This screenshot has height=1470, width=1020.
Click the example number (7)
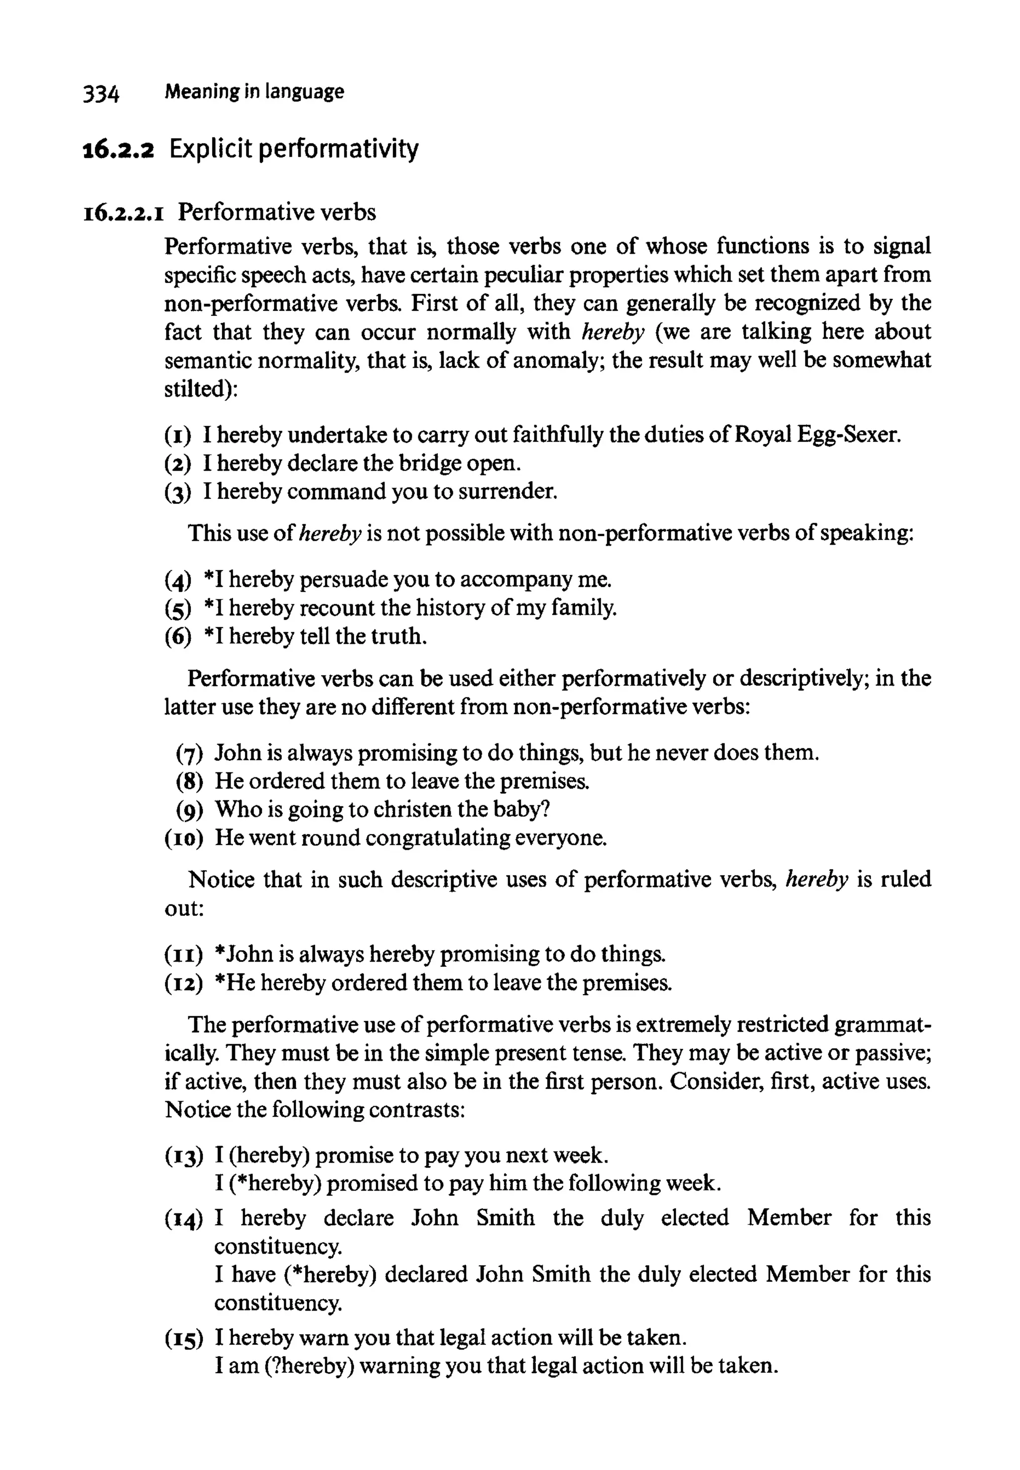point(189,753)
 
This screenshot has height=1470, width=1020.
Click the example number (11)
point(183,955)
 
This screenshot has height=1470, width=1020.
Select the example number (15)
point(183,1337)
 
